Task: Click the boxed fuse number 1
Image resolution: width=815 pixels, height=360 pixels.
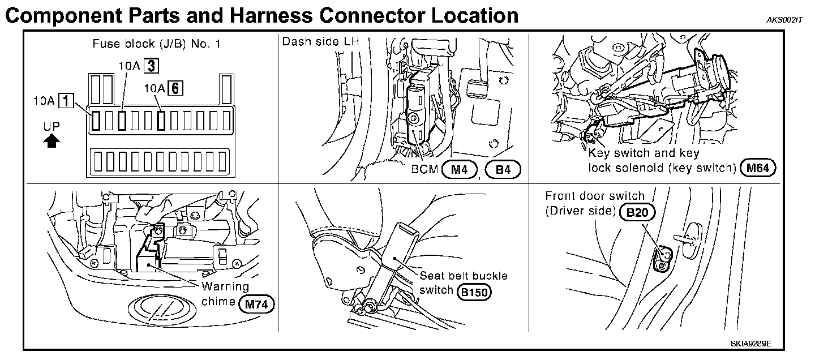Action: tap(67, 102)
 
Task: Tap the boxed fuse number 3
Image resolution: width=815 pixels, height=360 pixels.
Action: tap(150, 66)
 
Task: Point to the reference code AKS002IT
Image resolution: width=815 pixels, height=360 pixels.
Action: tap(785, 20)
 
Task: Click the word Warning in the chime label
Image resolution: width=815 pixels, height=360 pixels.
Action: tap(225, 286)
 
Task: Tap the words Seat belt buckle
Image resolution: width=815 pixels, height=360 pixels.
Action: tap(464, 276)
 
